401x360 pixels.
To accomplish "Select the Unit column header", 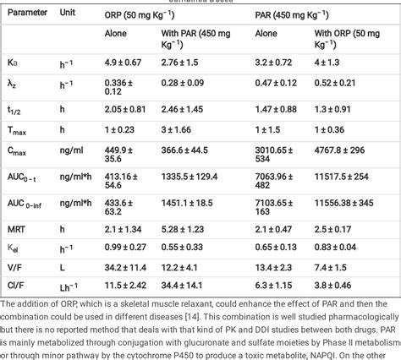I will (69, 14).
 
